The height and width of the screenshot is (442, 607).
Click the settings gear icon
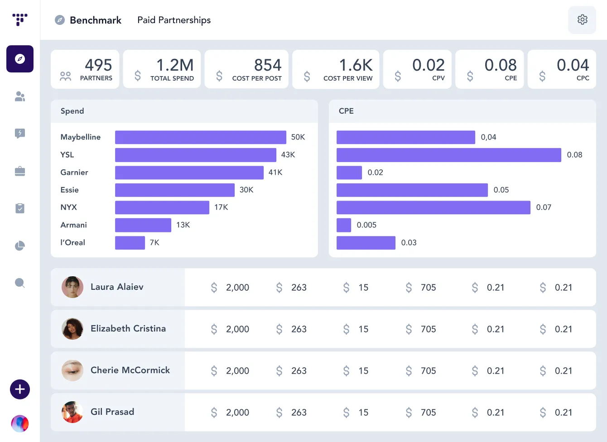coord(582,20)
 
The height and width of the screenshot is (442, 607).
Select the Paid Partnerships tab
coord(174,20)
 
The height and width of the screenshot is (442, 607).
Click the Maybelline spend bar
coord(200,137)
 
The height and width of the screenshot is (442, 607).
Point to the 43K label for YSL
coord(288,155)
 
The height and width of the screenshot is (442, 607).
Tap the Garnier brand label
coord(74,173)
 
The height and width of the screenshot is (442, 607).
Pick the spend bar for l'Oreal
coord(130,243)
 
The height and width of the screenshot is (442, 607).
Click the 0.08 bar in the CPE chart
coord(448,155)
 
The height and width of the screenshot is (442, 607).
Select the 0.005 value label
coord(366,225)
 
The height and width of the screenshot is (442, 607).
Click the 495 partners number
coord(98,65)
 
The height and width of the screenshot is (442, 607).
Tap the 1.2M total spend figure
coord(175,65)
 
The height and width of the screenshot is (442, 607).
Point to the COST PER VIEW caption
coord(348,78)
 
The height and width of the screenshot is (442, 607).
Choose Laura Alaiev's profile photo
coord(72,287)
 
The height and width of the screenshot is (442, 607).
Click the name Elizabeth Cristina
coord(128,329)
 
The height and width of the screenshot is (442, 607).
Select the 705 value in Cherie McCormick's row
coord(428,371)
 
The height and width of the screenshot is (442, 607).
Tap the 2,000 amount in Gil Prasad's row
coord(237,413)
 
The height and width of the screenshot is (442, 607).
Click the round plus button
coord(20,389)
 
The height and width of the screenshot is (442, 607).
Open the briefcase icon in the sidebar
coord(20,171)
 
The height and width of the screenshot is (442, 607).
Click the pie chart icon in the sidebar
coord(20,246)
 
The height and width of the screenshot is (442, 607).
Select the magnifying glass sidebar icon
coord(20,283)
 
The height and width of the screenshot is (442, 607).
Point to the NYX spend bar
coord(162,207)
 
